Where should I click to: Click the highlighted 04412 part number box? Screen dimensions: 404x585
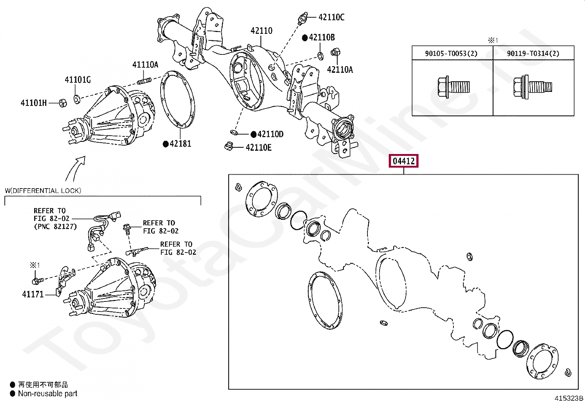pyautogui.click(x=403, y=161)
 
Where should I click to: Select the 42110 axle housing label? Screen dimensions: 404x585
pyautogui.click(x=261, y=31)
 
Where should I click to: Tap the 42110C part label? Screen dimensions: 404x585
pyautogui.click(x=331, y=17)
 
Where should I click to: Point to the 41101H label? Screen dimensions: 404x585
pyautogui.click(x=33, y=103)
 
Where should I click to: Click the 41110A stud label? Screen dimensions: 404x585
pyautogui.click(x=145, y=65)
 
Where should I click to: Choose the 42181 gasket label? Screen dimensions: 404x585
pyautogui.click(x=180, y=144)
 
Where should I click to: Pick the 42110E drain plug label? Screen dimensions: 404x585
pyautogui.click(x=258, y=148)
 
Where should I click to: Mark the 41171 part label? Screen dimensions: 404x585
pyautogui.click(x=33, y=294)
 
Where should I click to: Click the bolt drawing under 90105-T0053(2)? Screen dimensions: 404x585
pyautogui.click(x=453, y=87)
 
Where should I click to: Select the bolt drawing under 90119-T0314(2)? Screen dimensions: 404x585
pyautogui.click(x=532, y=87)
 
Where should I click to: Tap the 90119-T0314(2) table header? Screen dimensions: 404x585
pyautogui.click(x=533, y=54)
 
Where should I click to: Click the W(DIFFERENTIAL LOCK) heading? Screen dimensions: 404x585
pyautogui.click(x=43, y=191)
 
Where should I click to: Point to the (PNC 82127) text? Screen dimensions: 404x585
pyautogui.click(x=55, y=227)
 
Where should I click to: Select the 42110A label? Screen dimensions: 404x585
pyautogui.click(x=340, y=70)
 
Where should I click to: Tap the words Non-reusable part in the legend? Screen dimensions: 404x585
pyautogui.click(x=48, y=394)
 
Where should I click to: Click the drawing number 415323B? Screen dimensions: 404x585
pyautogui.click(x=569, y=398)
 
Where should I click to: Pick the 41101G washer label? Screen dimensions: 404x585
pyautogui.click(x=78, y=80)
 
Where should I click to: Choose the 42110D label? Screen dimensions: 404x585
pyautogui.click(x=270, y=135)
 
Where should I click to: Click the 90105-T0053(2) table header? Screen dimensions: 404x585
pyautogui.click(x=451, y=54)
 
